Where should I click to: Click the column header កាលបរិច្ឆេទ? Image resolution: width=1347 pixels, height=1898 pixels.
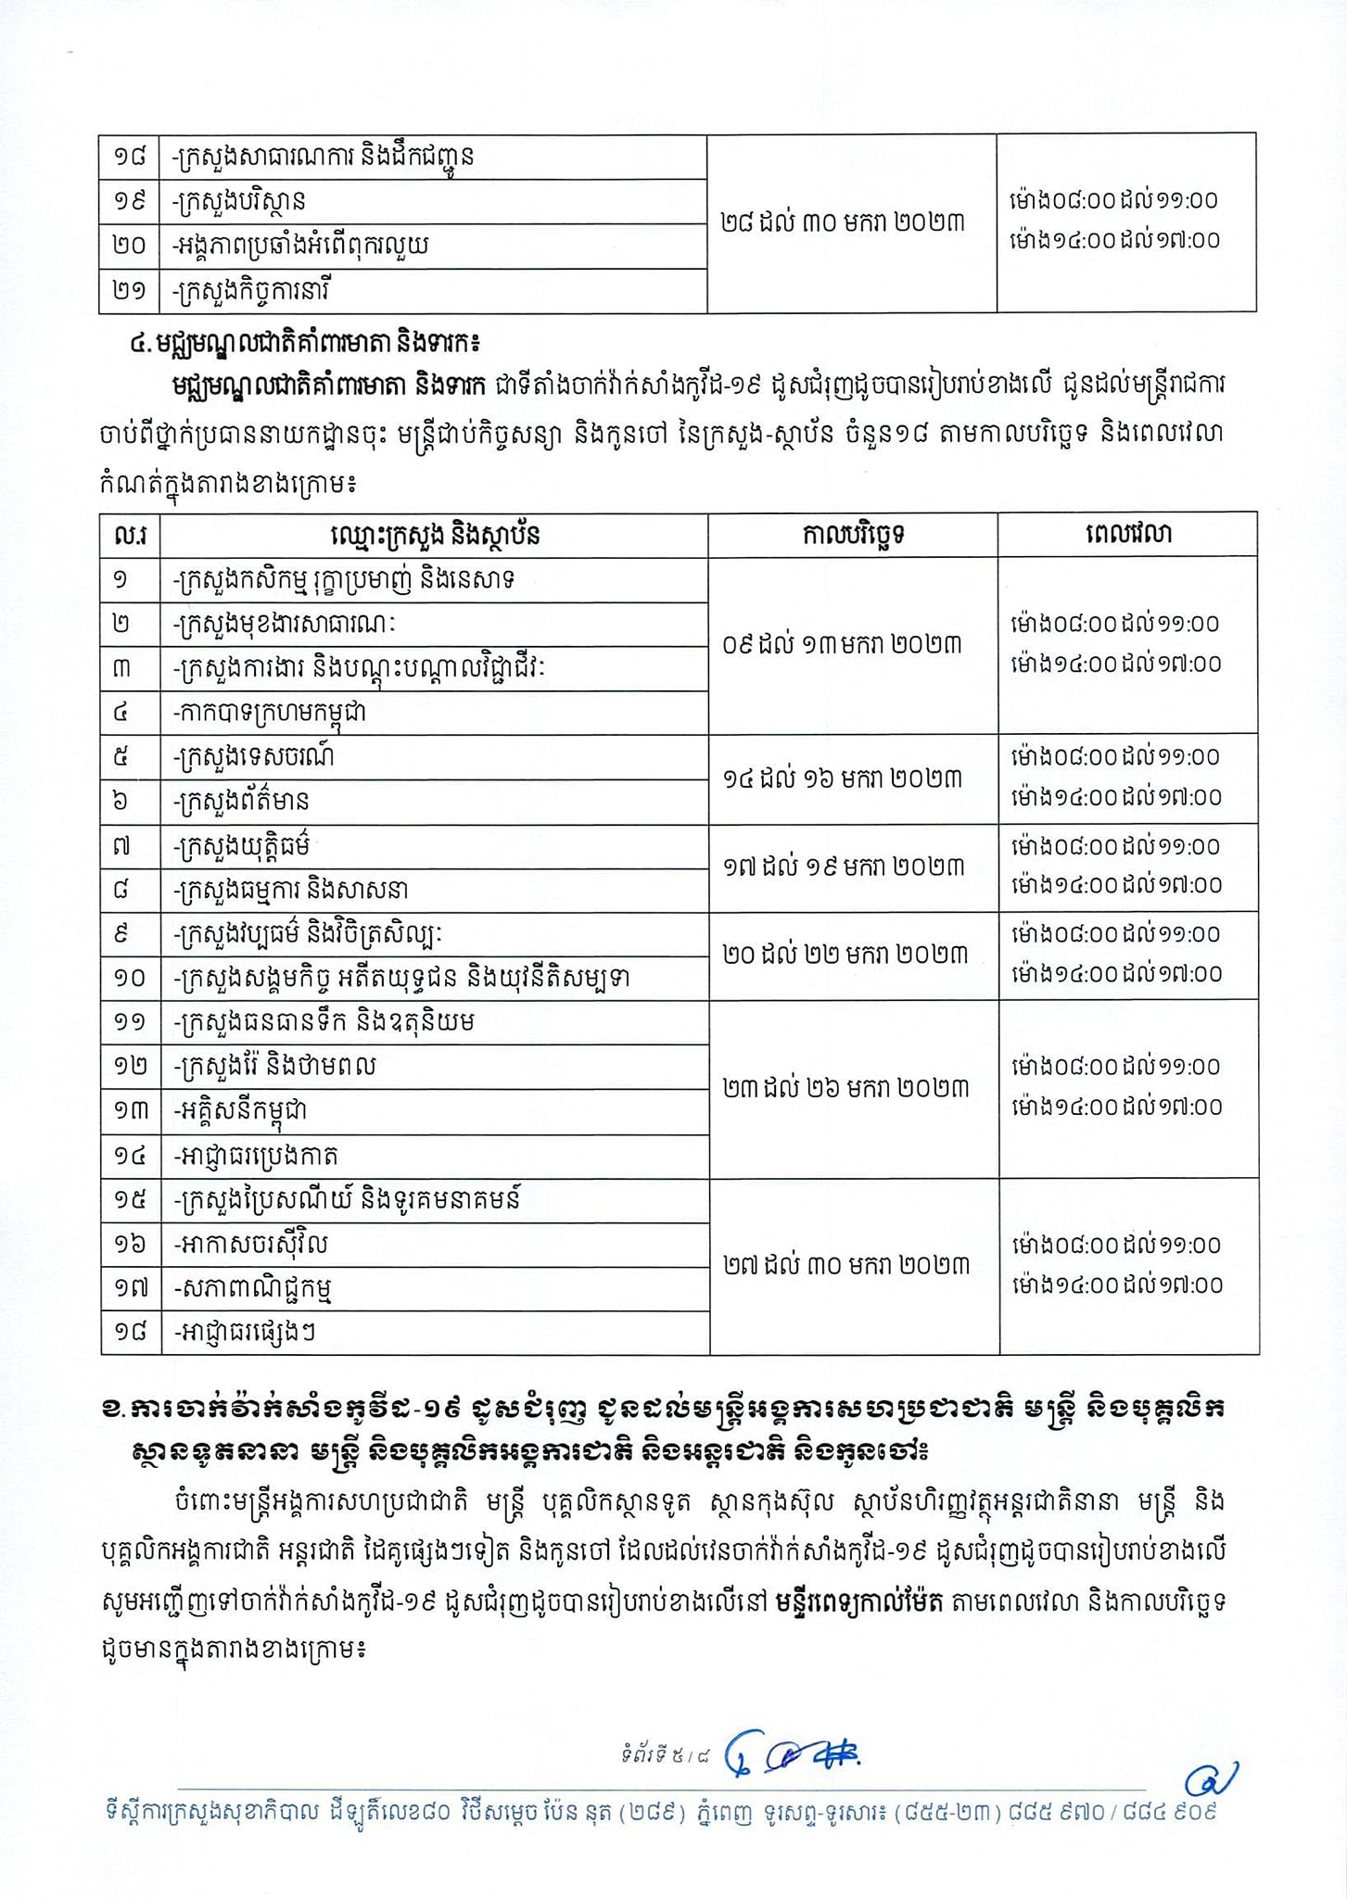pos(853,535)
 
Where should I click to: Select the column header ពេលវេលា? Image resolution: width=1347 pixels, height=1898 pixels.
pos(1127,535)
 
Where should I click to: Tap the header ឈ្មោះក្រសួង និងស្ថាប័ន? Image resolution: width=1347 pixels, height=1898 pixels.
pos(434,535)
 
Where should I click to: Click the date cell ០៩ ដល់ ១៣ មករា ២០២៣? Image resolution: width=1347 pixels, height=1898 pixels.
pos(842,644)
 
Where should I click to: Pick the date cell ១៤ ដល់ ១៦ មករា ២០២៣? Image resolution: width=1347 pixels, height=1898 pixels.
pos(842,778)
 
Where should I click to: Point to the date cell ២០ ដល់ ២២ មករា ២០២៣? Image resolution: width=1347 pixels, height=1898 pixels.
pos(845,955)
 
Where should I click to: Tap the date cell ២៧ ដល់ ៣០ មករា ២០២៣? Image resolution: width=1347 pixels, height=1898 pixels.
pos(845,1265)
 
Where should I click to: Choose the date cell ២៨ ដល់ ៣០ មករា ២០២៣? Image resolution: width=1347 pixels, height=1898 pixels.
pos(842,222)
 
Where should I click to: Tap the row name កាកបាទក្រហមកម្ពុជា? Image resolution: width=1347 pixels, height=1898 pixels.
pos(269,714)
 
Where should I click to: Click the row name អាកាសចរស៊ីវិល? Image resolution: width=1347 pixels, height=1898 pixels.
pos(250,1244)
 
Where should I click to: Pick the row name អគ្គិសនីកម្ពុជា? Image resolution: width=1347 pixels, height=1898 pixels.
pos(240,1110)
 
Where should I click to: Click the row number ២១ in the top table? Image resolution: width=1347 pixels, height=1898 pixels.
pos(130,291)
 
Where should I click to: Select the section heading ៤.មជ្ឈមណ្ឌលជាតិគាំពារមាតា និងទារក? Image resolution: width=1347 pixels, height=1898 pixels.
pos(304,344)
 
